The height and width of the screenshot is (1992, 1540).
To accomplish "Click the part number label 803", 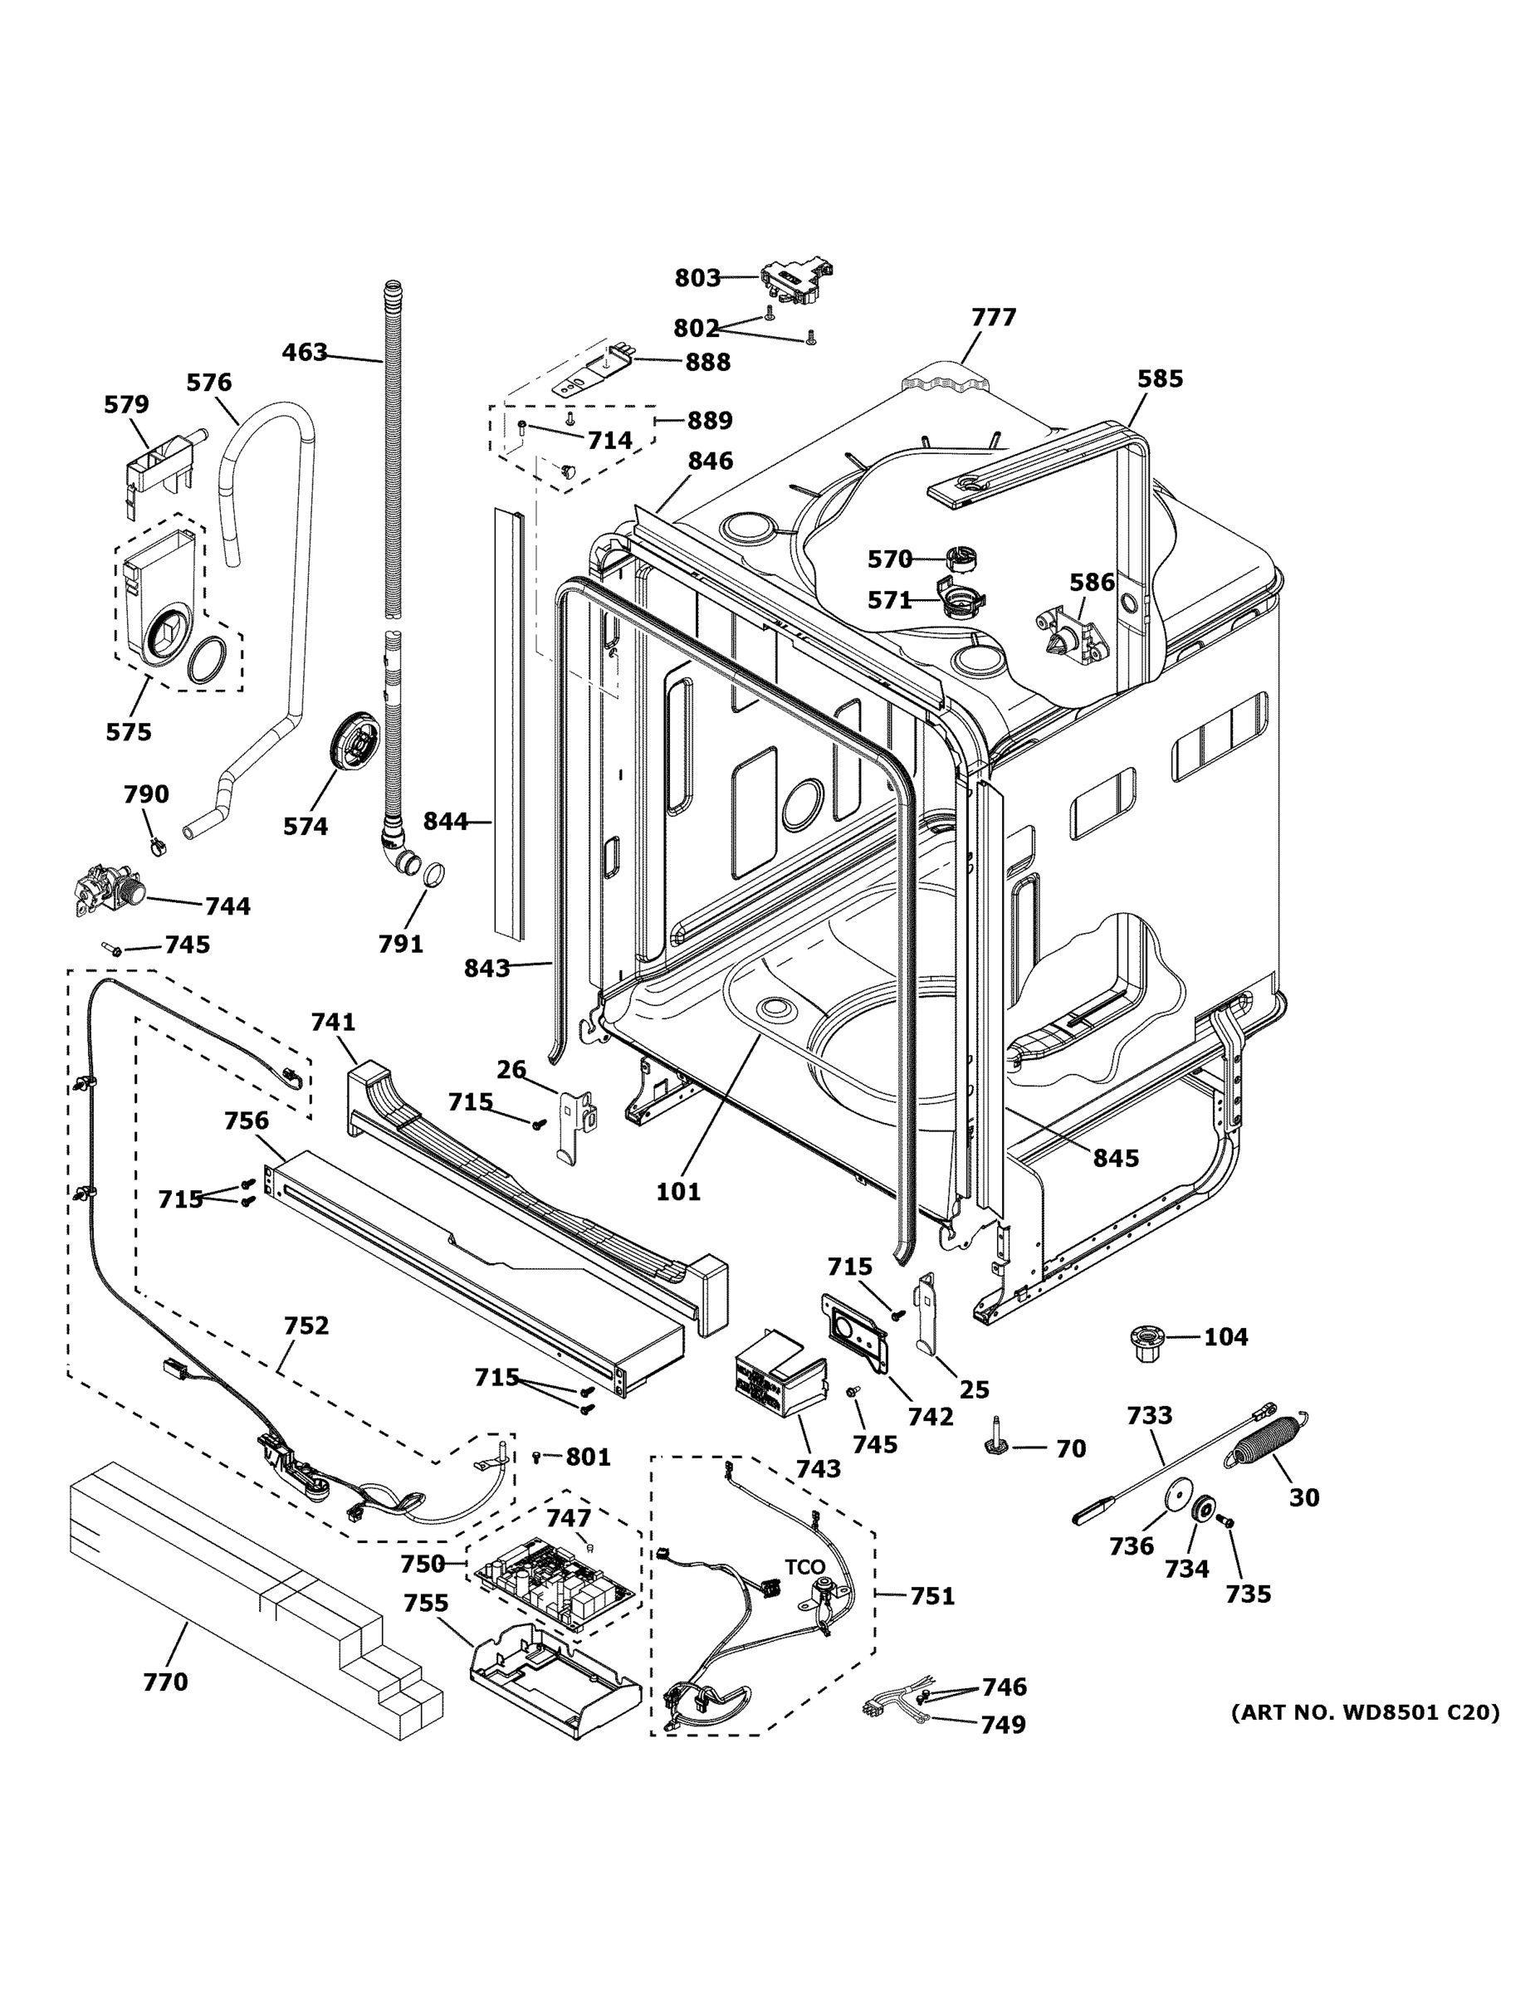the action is coord(697,277).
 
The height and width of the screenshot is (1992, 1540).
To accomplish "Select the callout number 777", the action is coord(994,317).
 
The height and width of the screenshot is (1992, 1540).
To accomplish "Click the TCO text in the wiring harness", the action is coord(804,1566).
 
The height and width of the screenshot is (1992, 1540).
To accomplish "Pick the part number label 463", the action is coord(305,352).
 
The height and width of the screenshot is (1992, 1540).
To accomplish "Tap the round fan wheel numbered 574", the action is coord(353,744).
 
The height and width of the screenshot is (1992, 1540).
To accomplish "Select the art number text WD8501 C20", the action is coord(1365,1712).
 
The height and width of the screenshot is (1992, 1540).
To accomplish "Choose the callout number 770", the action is coord(165,1682).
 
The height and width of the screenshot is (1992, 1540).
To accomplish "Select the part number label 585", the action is coord(1160,378).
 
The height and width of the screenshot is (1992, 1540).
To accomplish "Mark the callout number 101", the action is coord(679,1191).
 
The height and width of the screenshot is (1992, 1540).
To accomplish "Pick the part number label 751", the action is coord(932,1596).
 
